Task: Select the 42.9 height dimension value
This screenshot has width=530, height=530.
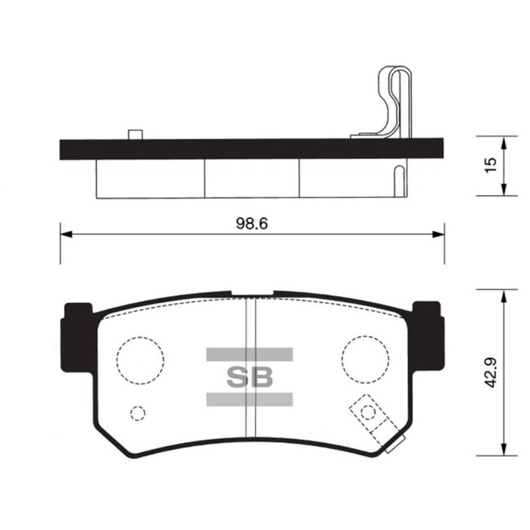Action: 490,373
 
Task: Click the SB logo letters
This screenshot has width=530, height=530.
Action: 249,376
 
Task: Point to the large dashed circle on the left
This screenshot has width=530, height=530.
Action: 140,356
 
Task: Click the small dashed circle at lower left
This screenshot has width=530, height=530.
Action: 137,413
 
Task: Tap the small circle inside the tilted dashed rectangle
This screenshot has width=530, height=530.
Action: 367,413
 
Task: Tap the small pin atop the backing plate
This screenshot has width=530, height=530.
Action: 136,134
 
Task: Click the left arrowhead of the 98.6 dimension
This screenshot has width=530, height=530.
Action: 66,234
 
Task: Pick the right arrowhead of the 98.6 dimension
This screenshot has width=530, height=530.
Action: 438,234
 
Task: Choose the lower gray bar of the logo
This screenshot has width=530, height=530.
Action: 249,399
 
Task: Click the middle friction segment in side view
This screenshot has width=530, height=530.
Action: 251,179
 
